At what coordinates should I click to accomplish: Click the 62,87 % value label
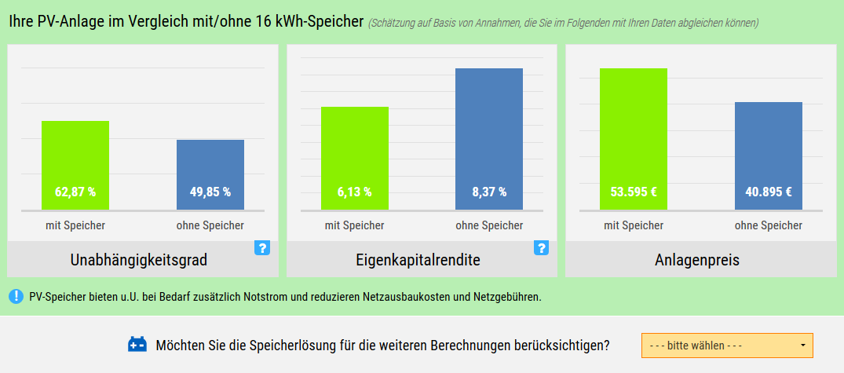[x=75, y=192]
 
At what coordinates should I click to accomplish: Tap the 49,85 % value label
[x=210, y=192]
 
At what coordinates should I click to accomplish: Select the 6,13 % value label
[x=355, y=192]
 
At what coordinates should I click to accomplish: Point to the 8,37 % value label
[x=489, y=192]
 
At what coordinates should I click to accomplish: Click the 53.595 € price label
[x=634, y=192]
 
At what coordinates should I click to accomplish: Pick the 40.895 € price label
[x=769, y=192]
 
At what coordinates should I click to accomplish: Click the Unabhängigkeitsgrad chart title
[x=139, y=260]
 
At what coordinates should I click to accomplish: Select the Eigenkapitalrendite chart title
[x=418, y=260]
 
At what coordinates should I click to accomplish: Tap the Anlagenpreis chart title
[x=697, y=260]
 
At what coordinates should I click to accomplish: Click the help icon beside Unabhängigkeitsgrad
[x=262, y=248]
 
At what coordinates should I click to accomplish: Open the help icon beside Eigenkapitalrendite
[x=541, y=248]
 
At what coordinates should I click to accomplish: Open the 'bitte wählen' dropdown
[x=727, y=346]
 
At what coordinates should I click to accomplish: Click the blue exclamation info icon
[x=16, y=297]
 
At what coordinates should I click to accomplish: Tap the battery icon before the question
[x=137, y=345]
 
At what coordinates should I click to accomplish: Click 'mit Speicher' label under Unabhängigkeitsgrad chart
[x=75, y=225]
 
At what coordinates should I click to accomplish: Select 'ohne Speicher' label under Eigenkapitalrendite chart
[x=489, y=225]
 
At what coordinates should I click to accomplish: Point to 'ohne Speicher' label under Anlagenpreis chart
[x=769, y=225]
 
